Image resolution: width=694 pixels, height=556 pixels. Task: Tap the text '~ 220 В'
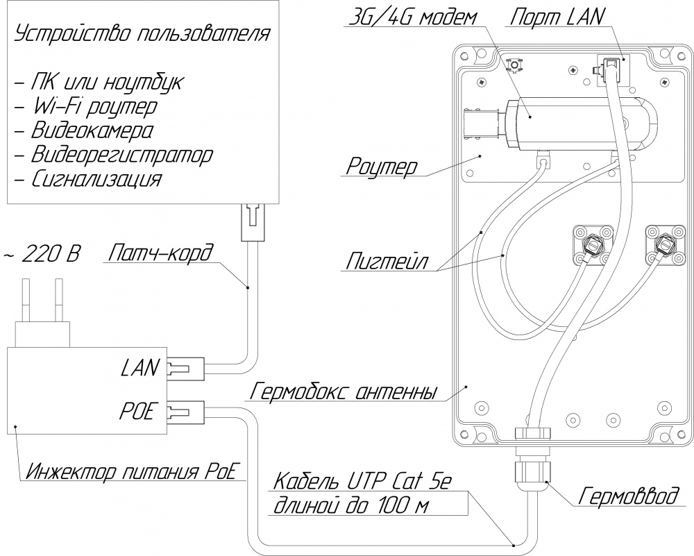point(43,254)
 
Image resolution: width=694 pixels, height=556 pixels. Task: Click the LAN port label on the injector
point(141,367)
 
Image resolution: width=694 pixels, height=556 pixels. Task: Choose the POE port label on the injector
point(141,412)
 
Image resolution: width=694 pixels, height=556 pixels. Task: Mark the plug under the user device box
point(253,222)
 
